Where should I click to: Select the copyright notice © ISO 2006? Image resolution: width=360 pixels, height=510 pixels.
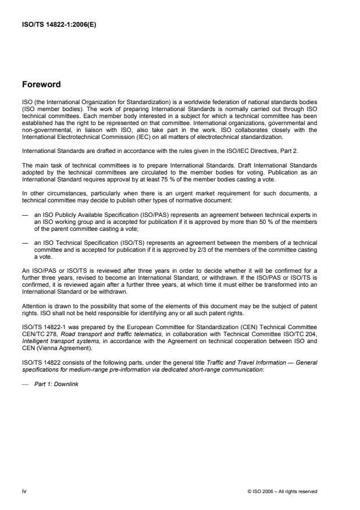(282, 491)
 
